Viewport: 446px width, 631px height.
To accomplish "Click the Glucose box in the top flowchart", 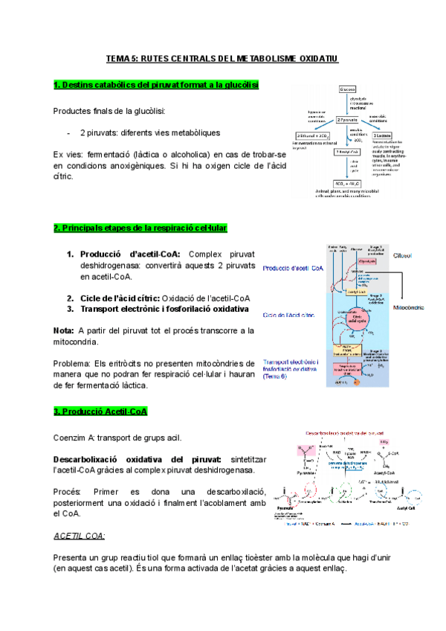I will coord(347,89).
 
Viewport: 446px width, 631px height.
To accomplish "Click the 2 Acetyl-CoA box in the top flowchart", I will coord(347,151).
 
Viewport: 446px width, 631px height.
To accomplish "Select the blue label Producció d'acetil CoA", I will coord(292,267).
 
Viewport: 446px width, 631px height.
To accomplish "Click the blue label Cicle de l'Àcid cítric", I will coord(288,315).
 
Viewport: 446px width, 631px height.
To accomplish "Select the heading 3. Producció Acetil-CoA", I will coord(100,411).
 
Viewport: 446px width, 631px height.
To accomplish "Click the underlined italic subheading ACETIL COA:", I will coord(80,535).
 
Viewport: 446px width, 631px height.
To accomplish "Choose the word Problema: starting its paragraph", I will coord(74,364).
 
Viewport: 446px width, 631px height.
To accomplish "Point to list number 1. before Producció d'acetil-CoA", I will coord(71,254).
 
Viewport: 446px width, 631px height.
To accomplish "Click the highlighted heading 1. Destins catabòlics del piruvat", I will coord(156,86).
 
